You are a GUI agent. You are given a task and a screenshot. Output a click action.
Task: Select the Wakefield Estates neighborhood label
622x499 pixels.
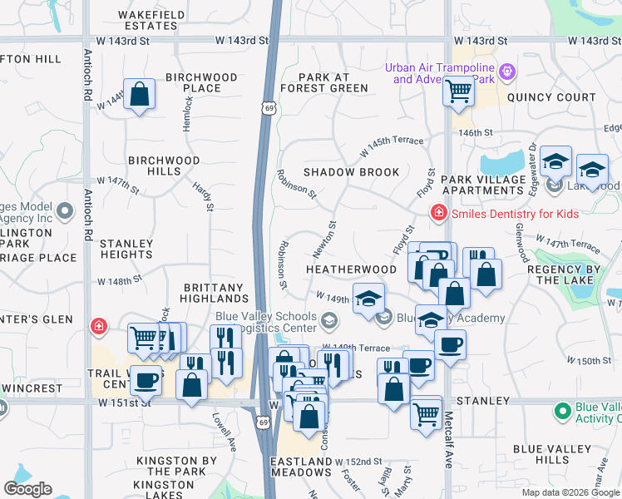point(148,20)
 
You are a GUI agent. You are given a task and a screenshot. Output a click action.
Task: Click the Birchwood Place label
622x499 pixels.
point(201,82)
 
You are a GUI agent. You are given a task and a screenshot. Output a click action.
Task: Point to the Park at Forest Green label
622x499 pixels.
point(324,82)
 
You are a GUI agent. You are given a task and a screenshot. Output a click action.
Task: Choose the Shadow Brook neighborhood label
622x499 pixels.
point(351,172)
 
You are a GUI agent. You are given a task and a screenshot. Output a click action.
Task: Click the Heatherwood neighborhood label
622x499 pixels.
point(351,269)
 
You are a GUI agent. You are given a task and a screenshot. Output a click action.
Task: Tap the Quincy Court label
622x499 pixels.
point(551,97)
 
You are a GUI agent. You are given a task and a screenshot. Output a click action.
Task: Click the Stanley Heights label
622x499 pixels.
point(126,249)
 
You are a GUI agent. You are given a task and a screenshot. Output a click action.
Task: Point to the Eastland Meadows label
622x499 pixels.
point(301,467)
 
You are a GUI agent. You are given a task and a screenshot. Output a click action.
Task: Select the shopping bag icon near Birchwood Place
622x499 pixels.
point(140,93)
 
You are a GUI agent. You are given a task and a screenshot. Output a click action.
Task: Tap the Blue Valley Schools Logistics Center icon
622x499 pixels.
point(330,320)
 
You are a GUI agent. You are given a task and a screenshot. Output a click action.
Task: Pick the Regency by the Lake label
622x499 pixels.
point(569,274)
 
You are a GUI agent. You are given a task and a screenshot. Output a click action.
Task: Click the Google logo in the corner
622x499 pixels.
point(27,489)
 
